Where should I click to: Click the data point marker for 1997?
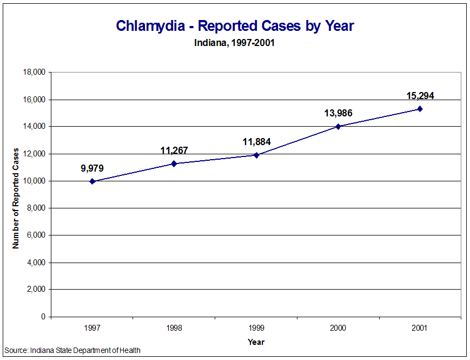tap(92, 181)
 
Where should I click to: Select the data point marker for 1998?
tap(174, 163)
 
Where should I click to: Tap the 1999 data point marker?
tap(256, 155)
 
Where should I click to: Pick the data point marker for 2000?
tap(338, 126)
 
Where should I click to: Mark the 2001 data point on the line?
tap(420, 109)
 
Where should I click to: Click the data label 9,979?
tap(92, 168)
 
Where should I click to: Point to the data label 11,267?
tap(174, 150)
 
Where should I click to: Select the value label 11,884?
tap(256, 142)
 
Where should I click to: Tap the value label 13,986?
tap(338, 113)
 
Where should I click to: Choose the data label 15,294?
tap(420, 96)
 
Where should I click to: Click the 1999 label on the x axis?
tap(256, 328)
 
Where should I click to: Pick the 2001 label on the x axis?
tap(420, 328)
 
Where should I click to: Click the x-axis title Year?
tap(256, 342)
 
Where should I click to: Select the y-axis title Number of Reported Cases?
tap(16, 198)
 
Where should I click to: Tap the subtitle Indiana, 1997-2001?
tap(235, 43)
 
